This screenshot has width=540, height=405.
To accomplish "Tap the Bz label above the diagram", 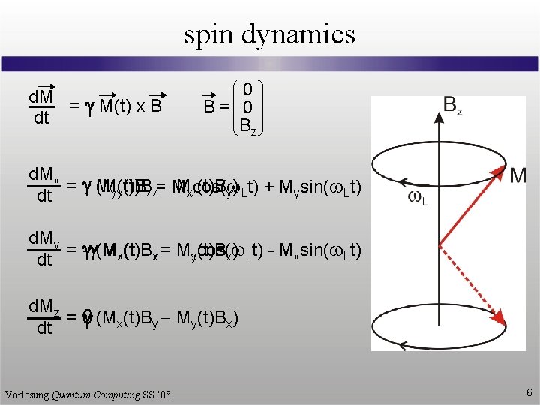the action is click(x=453, y=105).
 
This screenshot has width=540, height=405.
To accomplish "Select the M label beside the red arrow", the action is click(x=518, y=175).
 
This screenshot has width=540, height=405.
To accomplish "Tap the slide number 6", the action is click(x=529, y=392).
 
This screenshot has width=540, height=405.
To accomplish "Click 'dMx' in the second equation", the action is click(x=43, y=175).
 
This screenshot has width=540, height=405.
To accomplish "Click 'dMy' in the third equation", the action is click(x=43, y=239).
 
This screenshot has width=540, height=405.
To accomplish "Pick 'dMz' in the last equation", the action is click(x=43, y=307).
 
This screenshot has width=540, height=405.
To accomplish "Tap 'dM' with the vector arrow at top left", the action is click(x=40, y=97).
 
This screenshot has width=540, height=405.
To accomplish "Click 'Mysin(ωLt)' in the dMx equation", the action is click(x=319, y=187).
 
